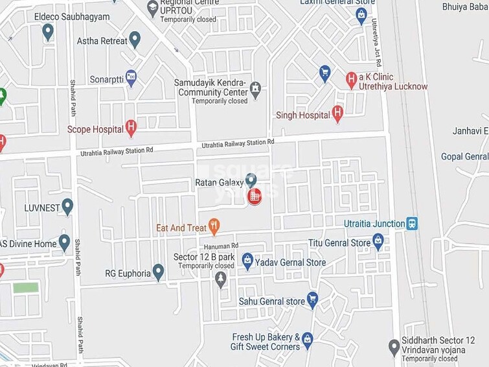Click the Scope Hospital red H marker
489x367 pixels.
131,128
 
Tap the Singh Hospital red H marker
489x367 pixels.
337,114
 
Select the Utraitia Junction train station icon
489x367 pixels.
411,224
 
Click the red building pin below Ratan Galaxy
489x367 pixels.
255,195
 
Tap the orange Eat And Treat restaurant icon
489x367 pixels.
214,227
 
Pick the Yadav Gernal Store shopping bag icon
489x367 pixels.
247,261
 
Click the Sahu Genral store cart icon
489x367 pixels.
312,300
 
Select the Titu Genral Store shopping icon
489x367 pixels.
378,243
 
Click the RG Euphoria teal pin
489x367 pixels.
158,272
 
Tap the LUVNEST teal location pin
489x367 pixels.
67,206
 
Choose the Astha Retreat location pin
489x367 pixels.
135,40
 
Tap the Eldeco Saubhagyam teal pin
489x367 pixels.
48,31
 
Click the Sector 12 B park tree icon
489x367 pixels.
221,279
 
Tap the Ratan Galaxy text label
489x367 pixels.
219,183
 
